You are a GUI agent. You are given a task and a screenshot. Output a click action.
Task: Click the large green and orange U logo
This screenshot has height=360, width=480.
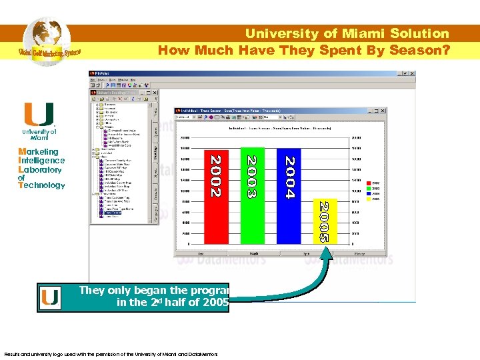tap(38, 115)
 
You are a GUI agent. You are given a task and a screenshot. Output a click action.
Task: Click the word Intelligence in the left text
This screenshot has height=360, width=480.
tap(41, 160)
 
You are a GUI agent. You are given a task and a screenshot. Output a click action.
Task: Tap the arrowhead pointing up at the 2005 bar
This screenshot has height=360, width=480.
tap(326, 251)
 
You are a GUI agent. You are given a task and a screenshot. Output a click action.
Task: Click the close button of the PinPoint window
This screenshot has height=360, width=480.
tap(417, 73)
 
